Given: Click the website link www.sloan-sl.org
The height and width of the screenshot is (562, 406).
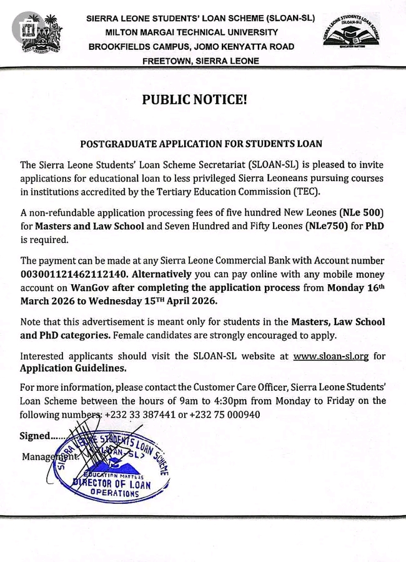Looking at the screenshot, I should (331, 357).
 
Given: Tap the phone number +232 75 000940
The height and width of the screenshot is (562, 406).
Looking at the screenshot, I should (224, 415).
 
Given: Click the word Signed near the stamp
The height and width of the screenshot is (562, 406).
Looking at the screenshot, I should (34, 436).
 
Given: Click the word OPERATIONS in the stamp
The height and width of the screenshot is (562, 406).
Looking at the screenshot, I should (114, 493).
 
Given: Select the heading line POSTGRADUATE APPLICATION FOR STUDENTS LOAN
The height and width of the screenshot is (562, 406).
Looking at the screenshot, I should (201, 144).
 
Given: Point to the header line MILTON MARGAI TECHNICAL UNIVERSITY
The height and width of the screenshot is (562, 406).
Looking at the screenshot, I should (191, 32).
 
